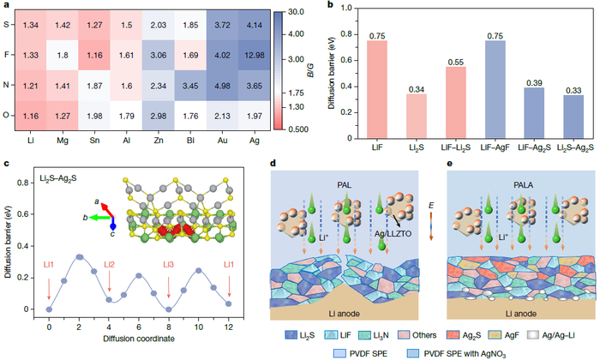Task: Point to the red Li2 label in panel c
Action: tap(109, 241)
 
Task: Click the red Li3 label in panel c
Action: tap(170, 241)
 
